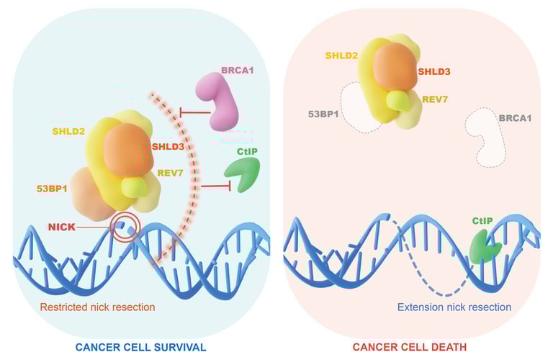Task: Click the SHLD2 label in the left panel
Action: coord(68,131)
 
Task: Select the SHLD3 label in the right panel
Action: coord(435,71)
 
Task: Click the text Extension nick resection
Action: coord(454,307)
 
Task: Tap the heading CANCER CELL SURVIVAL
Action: coord(141,347)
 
